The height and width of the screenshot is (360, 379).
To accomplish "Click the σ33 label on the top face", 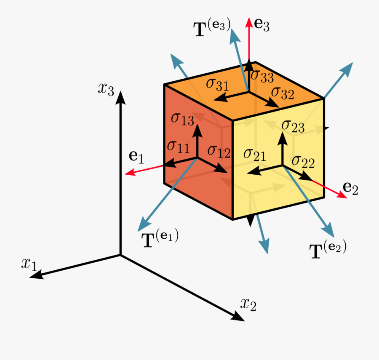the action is pos(262,76).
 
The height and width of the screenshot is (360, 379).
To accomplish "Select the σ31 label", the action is pos(217,85).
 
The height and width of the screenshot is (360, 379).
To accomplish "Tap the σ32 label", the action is pos(283,93).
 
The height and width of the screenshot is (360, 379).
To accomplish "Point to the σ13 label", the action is pos(182,119).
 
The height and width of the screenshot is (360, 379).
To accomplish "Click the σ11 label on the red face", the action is pos(179,147).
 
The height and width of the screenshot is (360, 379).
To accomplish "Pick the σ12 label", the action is pos(219,152).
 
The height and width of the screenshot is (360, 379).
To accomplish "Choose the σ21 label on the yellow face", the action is pos(255,155).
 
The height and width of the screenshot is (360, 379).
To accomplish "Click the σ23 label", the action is pos(293,127).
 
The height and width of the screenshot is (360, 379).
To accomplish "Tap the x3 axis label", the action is pos(106,89).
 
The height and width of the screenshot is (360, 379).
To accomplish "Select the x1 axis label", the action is pos(29,264).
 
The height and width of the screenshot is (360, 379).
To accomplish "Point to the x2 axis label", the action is pos(248,304).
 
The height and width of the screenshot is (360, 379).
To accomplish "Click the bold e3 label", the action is pos(262,25).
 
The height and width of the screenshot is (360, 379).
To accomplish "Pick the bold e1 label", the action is pos(136,157).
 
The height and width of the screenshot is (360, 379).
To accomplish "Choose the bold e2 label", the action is pos(350,188).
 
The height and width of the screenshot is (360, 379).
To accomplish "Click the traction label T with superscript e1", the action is pos(160,239).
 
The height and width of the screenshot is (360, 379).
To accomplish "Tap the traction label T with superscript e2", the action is pos(328,250).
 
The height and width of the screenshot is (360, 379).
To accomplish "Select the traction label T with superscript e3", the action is pos(212,28).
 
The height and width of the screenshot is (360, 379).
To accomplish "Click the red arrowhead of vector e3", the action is pos(249,22).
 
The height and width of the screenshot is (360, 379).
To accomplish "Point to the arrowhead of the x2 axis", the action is pos(238,317).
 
